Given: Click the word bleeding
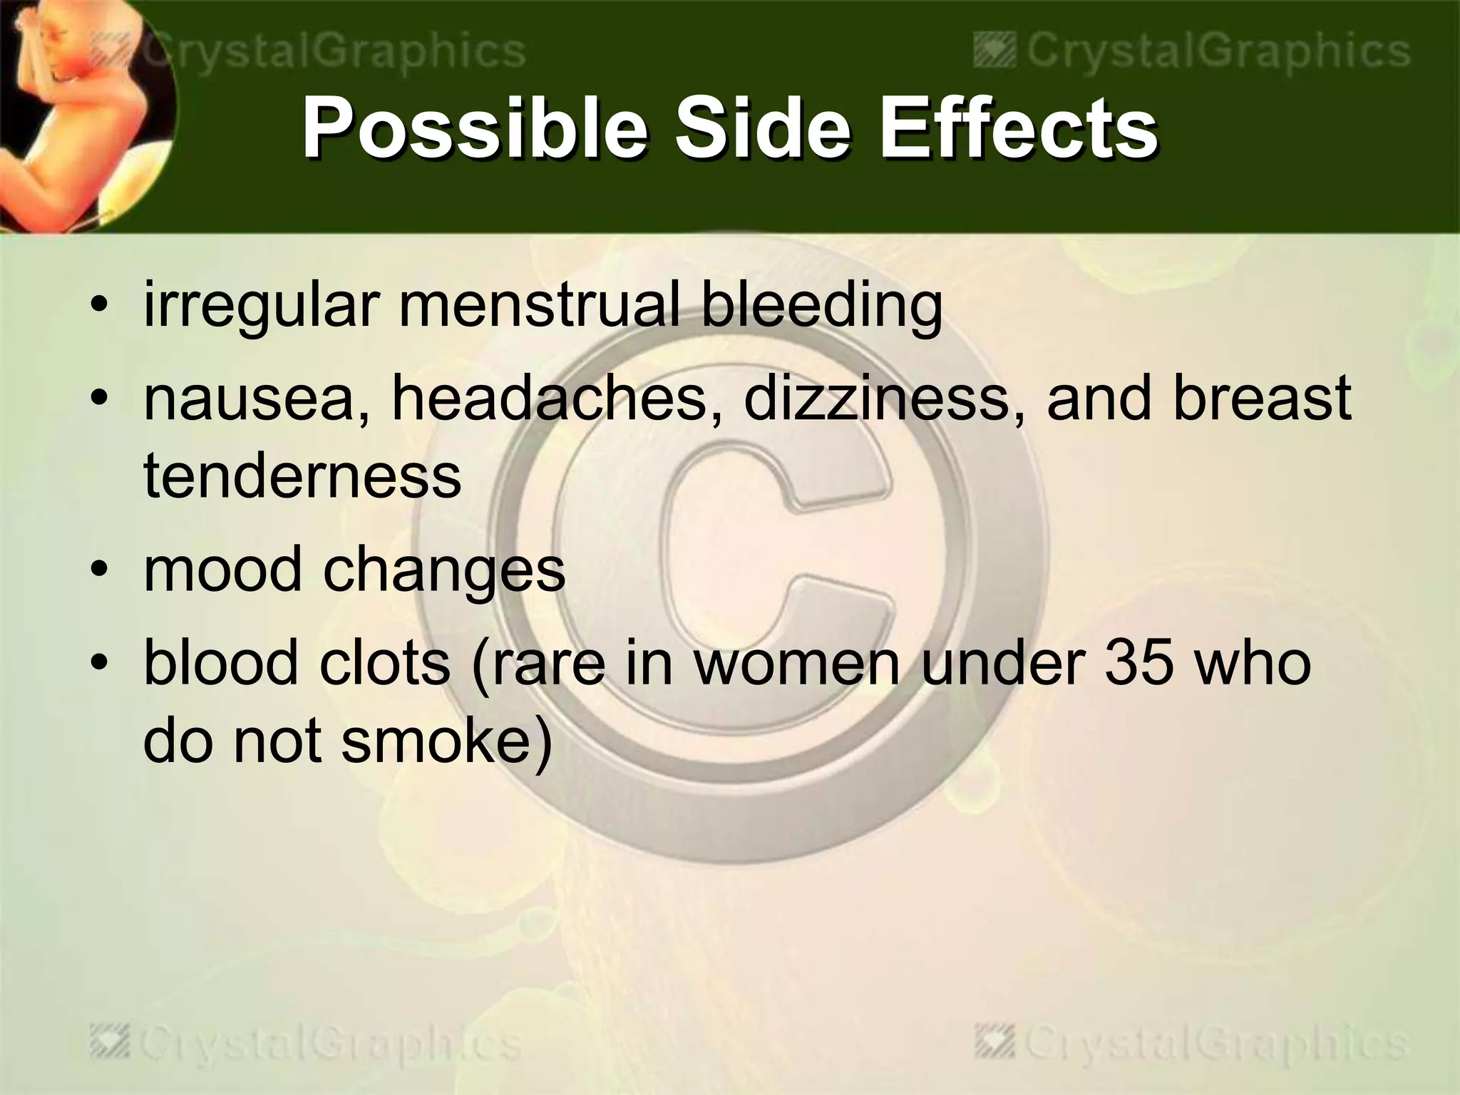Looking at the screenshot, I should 821,307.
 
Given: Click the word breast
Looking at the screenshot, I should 1262,398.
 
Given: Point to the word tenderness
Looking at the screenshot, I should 302,475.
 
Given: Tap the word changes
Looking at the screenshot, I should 444,570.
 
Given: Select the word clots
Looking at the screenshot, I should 385,662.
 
